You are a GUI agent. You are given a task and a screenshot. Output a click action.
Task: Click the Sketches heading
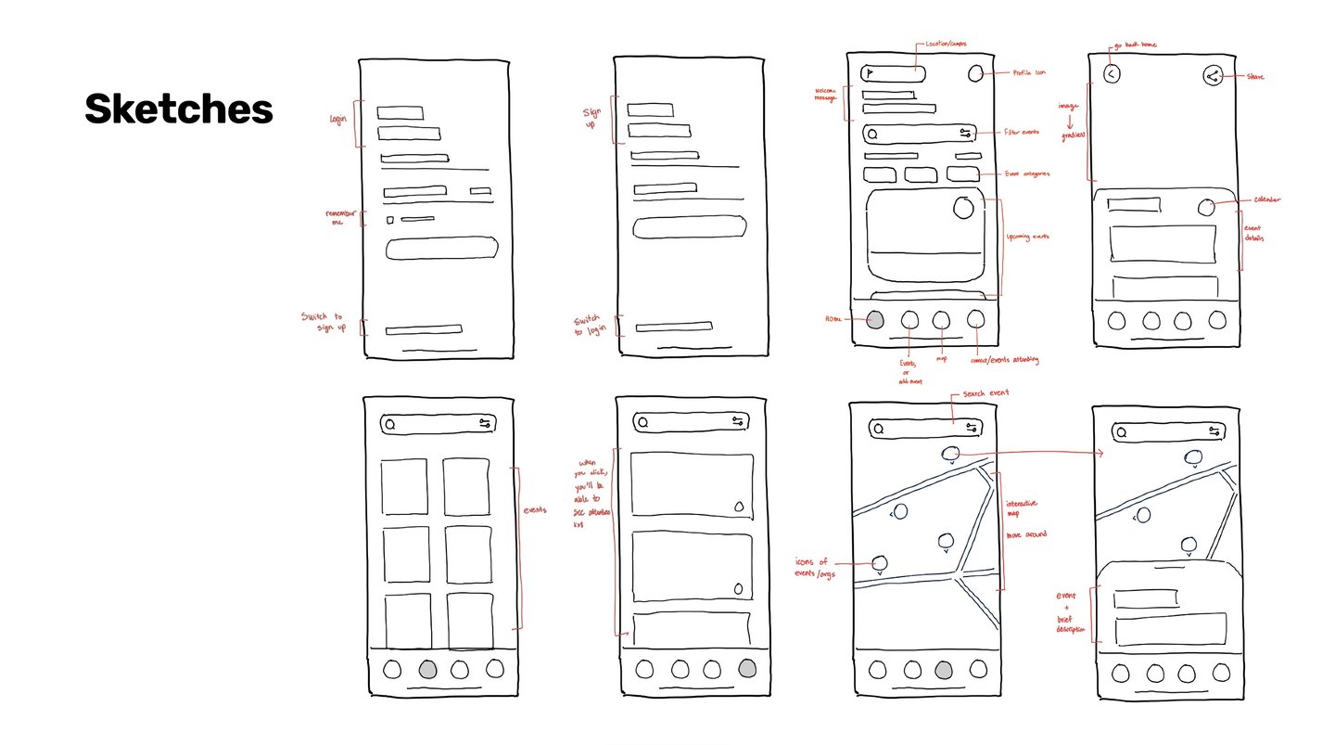[179, 110]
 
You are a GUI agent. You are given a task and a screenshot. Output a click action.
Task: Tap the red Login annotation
[339, 120]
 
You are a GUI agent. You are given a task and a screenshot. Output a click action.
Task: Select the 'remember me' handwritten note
[337, 217]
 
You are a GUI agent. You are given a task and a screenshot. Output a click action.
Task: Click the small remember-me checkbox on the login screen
[390, 220]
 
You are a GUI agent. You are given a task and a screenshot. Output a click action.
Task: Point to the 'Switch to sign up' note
[323, 323]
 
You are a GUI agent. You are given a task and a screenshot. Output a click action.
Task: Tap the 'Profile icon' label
[1027, 73]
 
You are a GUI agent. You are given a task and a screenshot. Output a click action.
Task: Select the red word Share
[1255, 77]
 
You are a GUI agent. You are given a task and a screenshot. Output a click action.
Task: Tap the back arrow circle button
[1112, 75]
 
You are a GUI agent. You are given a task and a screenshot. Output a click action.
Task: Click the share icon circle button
[1212, 76]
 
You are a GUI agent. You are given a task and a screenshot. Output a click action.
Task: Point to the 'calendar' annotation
[1266, 199]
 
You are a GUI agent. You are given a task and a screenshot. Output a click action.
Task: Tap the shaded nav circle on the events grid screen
[426, 668]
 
